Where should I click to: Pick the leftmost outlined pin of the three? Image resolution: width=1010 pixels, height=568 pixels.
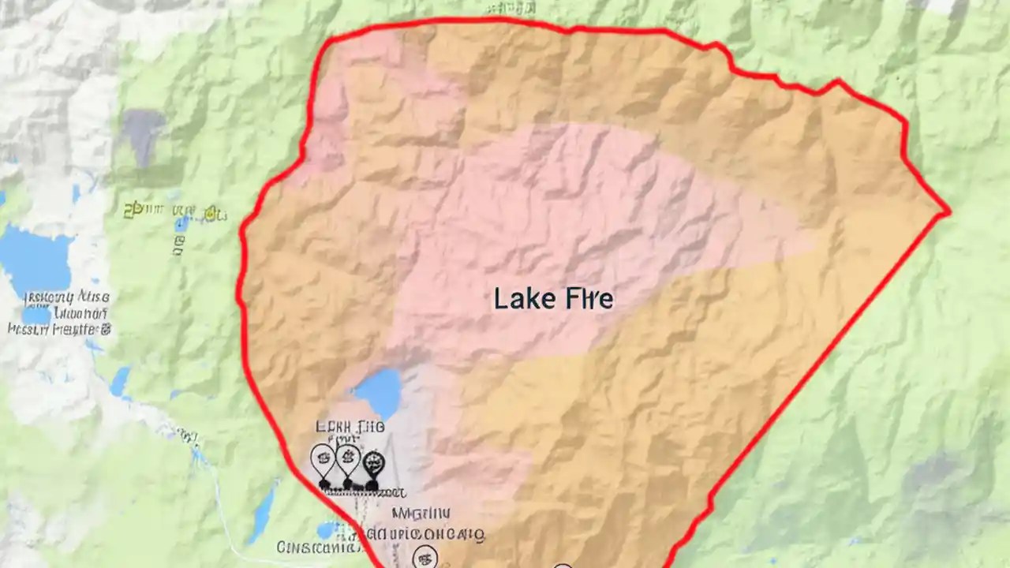pos(322,458)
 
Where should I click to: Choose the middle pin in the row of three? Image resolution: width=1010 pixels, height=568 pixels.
pos(347,458)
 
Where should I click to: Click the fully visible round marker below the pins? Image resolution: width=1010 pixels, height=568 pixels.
pos(425,557)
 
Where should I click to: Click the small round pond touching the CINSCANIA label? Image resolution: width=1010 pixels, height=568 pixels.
pos(326,529)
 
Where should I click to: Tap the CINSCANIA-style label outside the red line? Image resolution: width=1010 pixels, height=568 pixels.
pos(316,547)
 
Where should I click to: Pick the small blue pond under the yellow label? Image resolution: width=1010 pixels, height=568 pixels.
pos(181,225)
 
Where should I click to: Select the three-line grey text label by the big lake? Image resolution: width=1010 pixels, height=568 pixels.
pos(59,313)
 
